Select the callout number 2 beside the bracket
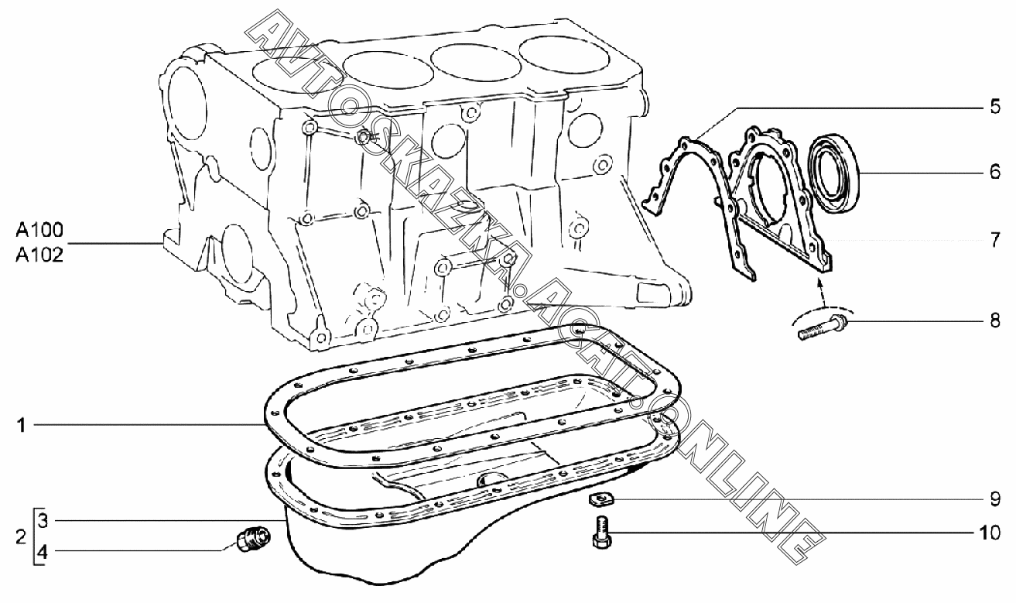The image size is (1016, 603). pos(21,535)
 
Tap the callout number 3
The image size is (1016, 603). pos(43,519)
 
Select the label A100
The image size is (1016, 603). pos(39,230)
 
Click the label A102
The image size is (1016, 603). pos(39,253)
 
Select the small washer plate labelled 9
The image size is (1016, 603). pos(597,500)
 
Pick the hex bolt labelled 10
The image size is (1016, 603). pos(600,533)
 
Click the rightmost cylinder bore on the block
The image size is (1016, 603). pos(561,57)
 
